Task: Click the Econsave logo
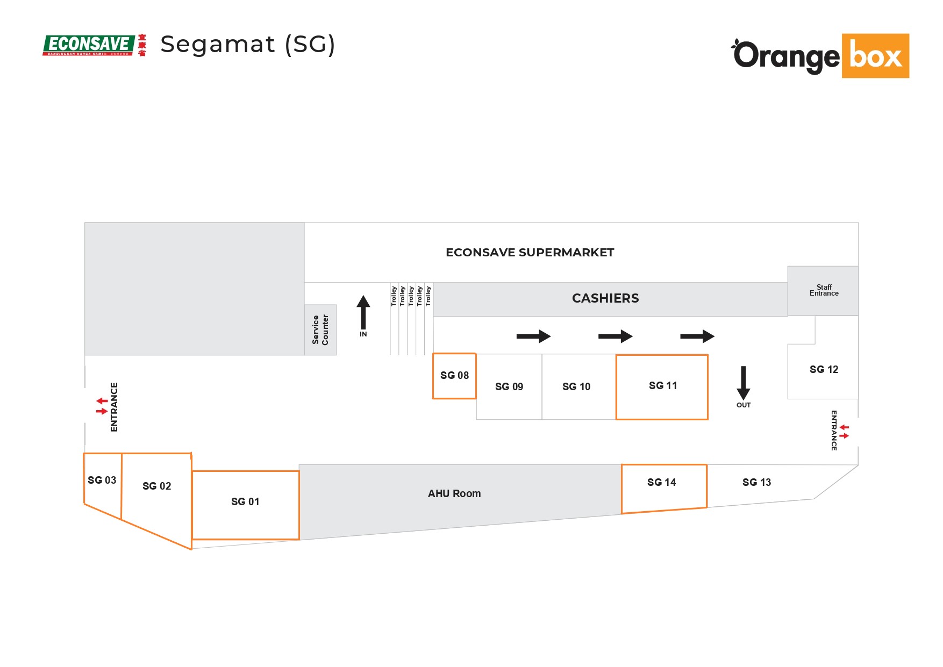[94, 45]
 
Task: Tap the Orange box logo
[820, 56]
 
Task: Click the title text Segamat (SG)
[248, 44]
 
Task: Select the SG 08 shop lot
[454, 376]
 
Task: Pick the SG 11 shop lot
[662, 386]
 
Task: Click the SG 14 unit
[663, 486]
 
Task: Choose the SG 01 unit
[245, 504]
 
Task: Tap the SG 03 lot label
[102, 480]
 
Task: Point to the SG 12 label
[824, 370]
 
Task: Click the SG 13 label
[756, 483]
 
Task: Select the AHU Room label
[454, 493]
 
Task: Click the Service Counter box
[320, 330]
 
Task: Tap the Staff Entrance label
[824, 290]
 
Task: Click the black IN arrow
[363, 313]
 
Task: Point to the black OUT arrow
[743, 382]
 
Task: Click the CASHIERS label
[605, 298]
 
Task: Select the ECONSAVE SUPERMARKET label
[530, 253]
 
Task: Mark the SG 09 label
[509, 387]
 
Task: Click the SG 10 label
[576, 387]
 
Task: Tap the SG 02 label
[156, 486]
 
